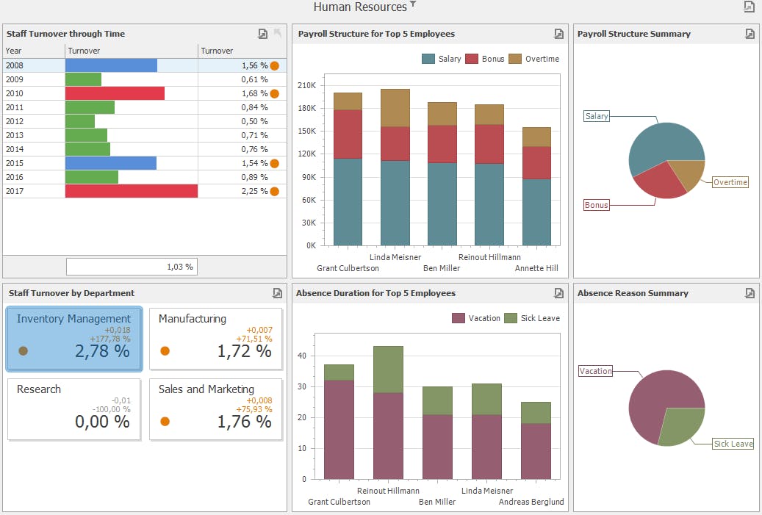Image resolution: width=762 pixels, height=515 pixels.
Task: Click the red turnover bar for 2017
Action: point(132,191)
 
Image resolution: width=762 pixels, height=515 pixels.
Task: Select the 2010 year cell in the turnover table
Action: point(15,93)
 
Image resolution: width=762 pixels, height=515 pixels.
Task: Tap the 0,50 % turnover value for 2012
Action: point(254,121)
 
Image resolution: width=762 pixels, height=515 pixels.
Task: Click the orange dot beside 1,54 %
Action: point(275,163)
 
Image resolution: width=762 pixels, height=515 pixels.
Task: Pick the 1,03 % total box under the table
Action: point(132,267)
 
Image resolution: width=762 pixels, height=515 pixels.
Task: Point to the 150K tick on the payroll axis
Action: point(306,131)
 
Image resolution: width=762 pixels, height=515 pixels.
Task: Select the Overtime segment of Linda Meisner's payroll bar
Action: point(395,108)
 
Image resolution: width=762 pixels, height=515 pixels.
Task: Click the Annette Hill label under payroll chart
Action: point(536,268)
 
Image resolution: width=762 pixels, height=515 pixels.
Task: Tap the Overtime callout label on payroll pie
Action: point(730,182)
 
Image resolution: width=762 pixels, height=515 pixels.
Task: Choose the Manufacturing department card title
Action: point(193,319)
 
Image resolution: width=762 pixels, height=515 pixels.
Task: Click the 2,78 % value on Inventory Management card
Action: point(103,350)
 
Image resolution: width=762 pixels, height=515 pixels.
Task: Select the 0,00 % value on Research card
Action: point(103,421)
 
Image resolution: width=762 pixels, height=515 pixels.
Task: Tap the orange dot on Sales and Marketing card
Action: point(165,421)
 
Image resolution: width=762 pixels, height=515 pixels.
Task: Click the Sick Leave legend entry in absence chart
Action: point(532,318)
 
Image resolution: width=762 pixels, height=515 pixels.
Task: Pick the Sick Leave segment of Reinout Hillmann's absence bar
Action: point(388,370)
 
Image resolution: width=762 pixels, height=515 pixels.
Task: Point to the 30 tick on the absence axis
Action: point(302,386)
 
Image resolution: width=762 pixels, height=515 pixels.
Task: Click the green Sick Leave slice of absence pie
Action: point(680,426)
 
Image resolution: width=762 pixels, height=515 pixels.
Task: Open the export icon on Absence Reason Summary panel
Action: point(750,293)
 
